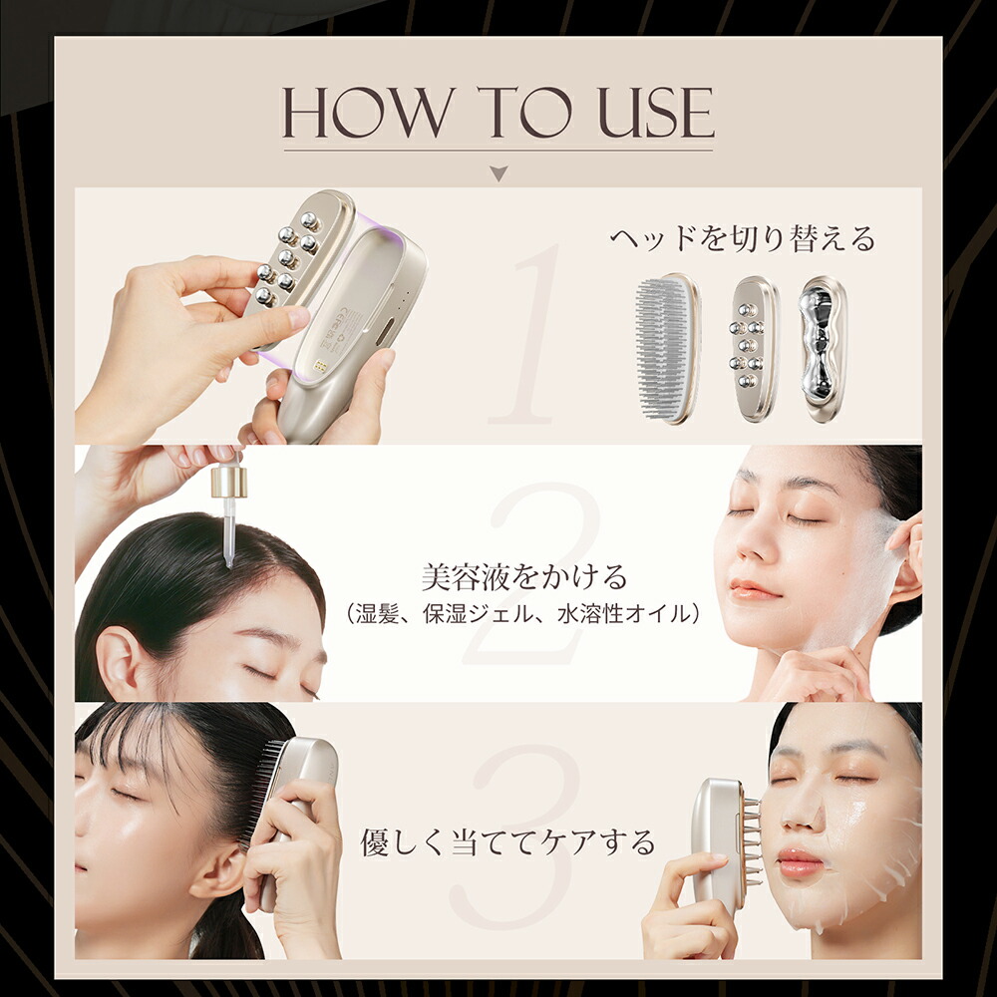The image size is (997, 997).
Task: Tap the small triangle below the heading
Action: (x=498, y=173)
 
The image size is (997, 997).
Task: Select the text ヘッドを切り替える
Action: (x=743, y=239)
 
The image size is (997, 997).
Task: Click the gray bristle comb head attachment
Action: (x=667, y=349)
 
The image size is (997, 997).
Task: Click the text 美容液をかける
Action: (x=523, y=576)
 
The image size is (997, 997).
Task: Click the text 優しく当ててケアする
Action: (x=507, y=843)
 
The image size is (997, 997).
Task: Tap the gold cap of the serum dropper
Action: (x=228, y=483)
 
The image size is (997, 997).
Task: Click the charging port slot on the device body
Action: (x=383, y=333)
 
